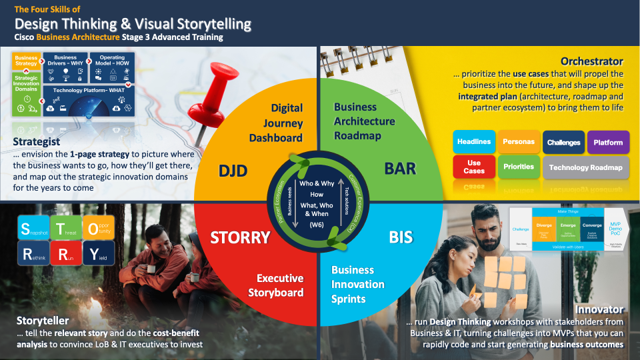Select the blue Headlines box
[474, 142]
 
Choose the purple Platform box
[608, 142]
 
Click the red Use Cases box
[474, 167]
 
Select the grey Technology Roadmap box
[585, 167]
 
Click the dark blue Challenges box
[563, 142]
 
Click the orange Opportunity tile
[97, 227]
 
